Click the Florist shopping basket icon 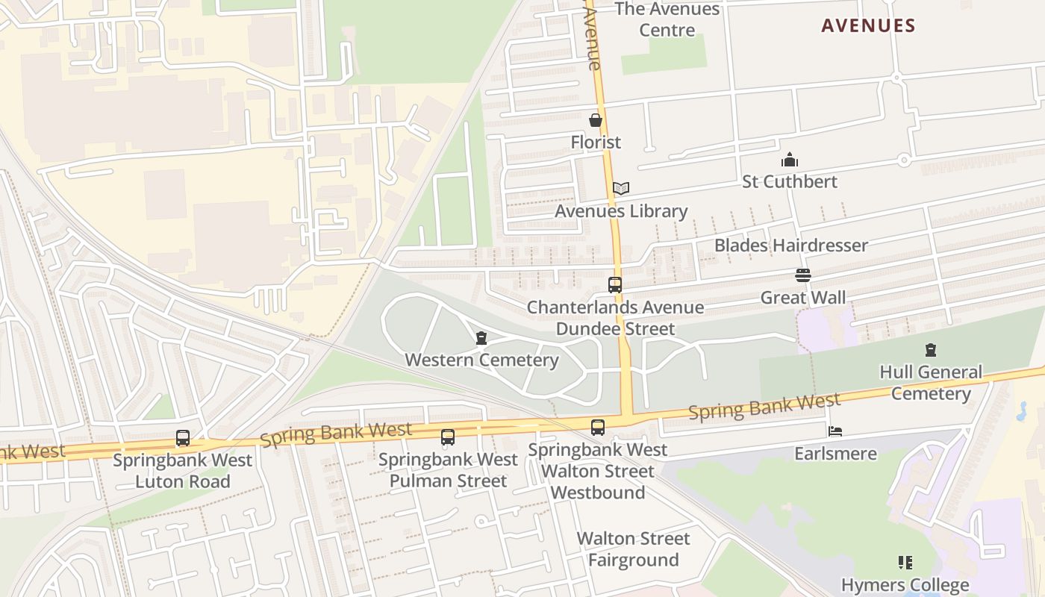click(x=596, y=120)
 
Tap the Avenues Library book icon click(x=621, y=189)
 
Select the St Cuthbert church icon click(x=790, y=160)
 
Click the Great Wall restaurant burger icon click(x=803, y=276)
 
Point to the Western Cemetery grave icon click(x=481, y=339)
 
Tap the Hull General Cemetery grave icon click(x=930, y=350)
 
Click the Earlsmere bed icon click(x=835, y=432)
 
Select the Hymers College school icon click(x=905, y=563)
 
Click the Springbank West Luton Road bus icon click(x=183, y=438)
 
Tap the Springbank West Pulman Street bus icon click(x=448, y=437)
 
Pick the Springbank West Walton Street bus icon click(x=598, y=428)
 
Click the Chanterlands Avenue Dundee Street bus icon click(x=615, y=285)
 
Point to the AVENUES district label click(x=868, y=26)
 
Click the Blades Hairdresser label click(x=791, y=246)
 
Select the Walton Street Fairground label click(x=633, y=549)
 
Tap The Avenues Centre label click(x=667, y=20)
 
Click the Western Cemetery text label click(x=481, y=360)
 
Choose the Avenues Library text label click(x=621, y=211)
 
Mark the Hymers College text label click(x=905, y=585)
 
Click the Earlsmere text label click(x=835, y=454)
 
